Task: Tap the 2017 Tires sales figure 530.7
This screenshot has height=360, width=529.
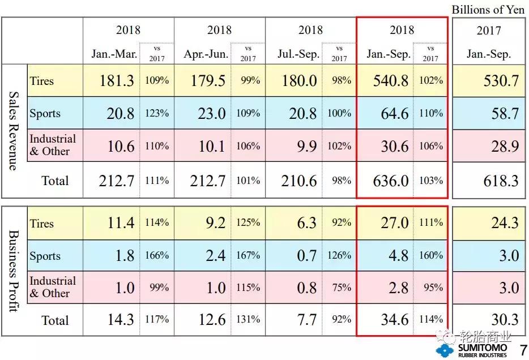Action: [497, 80]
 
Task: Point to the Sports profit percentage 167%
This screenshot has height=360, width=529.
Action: [248, 255]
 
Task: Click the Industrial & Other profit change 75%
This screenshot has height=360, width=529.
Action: [342, 288]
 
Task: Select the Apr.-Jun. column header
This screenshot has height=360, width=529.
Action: [206, 54]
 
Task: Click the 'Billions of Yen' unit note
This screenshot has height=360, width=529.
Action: [488, 10]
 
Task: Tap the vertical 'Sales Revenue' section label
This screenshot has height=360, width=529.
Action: [14, 131]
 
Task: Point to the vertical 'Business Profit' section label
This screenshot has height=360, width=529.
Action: [14, 271]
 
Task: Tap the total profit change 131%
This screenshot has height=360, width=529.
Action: [248, 319]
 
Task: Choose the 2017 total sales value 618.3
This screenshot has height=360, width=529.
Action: [497, 181]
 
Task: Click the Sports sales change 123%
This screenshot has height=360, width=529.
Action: [156, 113]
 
